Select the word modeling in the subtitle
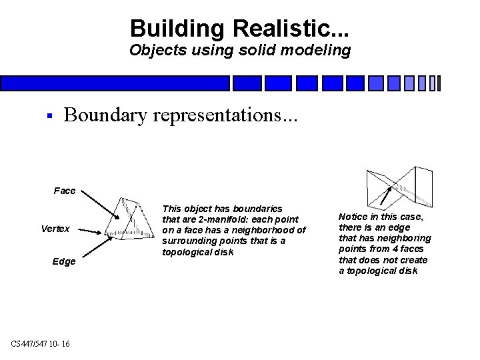pos(317,50)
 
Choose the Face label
pos(65,191)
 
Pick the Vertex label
pos(55,229)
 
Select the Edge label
pos(64,261)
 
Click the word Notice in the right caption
pos(353,217)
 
